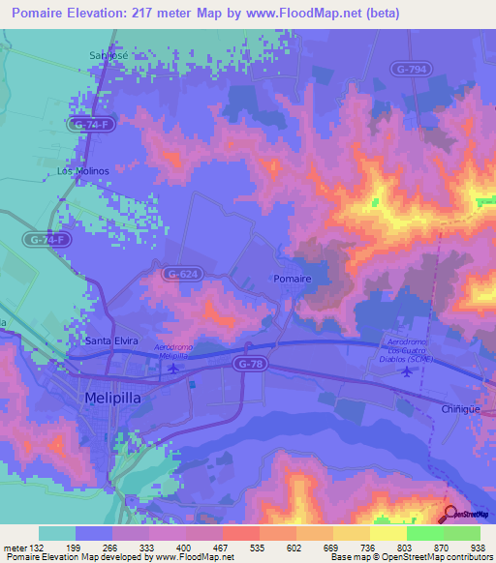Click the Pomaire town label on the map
[292, 279]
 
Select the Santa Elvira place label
[112, 341]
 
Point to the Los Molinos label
[82, 170]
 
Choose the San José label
[108, 55]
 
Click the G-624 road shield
[179, 274]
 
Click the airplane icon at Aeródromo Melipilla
[173, 368]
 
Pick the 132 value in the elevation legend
[30, 548]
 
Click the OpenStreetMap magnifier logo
[450, 513]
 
